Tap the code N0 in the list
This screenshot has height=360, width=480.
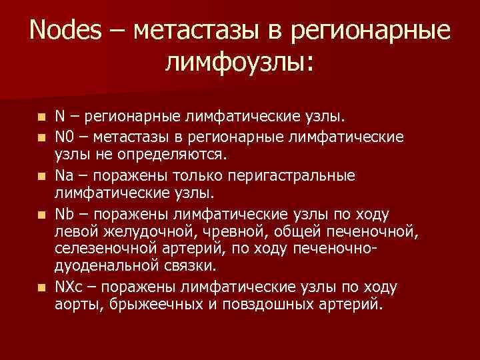(x=64, y=137)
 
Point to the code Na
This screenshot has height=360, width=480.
(x=64, y=175)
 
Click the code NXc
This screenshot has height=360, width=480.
(x=69, y=287)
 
